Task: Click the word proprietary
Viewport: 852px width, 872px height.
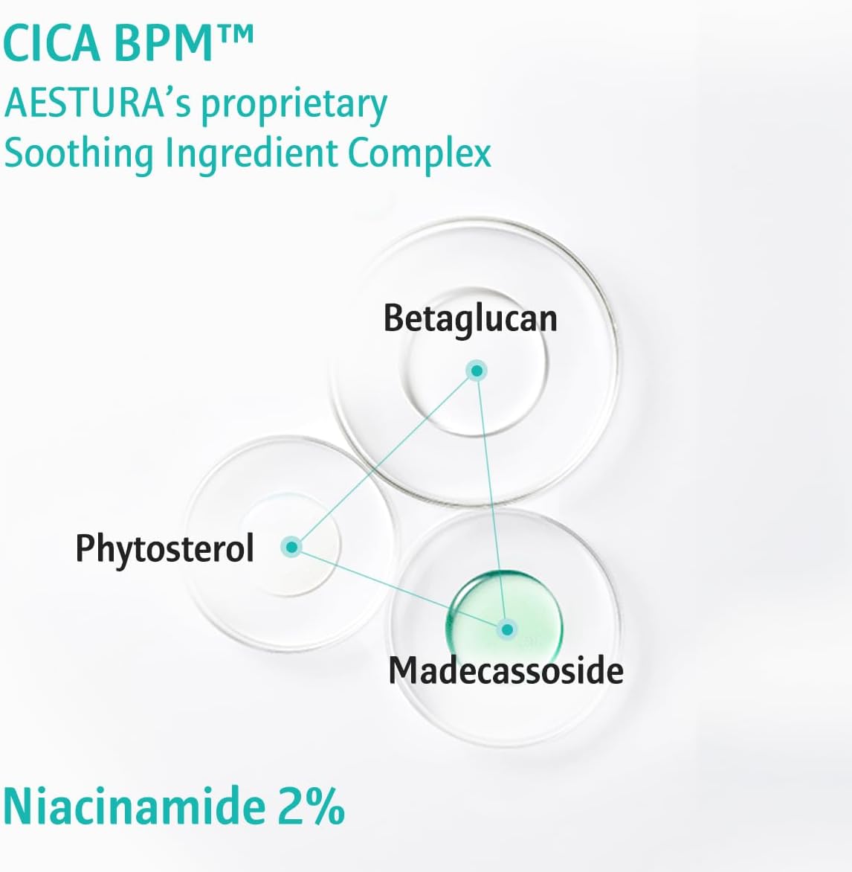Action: [x=294, y=106]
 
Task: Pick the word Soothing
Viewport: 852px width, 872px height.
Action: [x=78, y=153]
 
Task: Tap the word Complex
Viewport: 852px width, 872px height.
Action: [x=419, y=153]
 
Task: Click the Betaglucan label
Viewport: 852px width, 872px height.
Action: [x=470, y=319]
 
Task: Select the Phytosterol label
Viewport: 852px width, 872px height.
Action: [x=164, y=549]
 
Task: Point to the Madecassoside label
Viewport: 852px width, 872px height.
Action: [x=506, y=670]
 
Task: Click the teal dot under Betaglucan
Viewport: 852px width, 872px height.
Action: [x=477, y=371]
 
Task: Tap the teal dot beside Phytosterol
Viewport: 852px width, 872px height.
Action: [x=291, y=547]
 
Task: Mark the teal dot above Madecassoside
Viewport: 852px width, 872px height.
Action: [x=506, y=629]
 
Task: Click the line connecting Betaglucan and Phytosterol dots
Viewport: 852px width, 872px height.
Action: [x=384, y=459]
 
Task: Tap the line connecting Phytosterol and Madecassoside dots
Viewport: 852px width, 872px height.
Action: [x=399, y=589]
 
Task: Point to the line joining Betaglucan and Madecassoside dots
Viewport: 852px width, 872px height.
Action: [x=491, y=500]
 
